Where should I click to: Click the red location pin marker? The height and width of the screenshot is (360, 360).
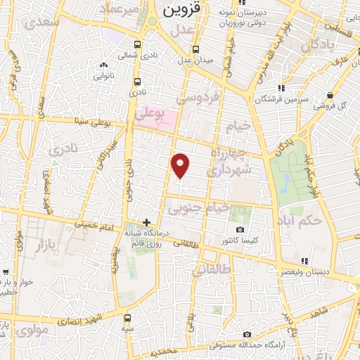point(181,165)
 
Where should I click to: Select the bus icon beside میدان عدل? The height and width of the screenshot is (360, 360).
point(195,49)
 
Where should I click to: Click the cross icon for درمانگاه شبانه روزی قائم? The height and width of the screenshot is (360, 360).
point(146,221)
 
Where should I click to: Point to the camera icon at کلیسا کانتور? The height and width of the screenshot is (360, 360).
point(240,230)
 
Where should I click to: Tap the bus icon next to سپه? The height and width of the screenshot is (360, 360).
point(127,318)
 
